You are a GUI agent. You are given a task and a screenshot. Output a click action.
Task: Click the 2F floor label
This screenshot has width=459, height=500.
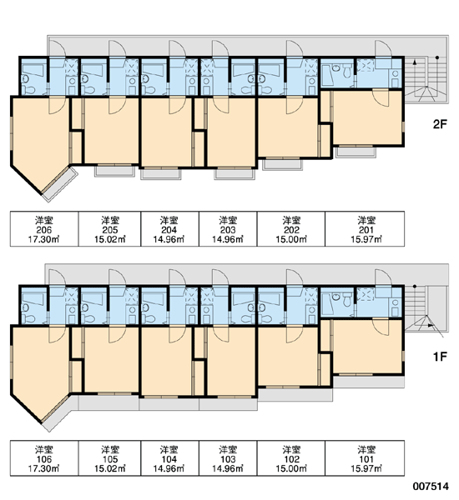(x=440, y=124)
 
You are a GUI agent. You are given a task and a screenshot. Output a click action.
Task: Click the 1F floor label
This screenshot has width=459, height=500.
(x=440, y=357)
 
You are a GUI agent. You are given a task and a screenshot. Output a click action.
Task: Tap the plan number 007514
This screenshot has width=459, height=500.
(x=431, y=487)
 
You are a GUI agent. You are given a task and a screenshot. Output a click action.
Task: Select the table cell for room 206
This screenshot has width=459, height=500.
(x=44, y=228)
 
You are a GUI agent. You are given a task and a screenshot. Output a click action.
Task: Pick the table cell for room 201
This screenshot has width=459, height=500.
(x=365, y=228)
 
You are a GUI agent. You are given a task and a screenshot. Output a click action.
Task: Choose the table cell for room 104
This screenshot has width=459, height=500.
(x=170, y=458)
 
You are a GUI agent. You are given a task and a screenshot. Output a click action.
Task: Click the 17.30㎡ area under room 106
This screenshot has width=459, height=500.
(x=43, y=468)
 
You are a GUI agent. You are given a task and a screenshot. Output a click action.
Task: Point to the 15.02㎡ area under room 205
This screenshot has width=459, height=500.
(x=110, y=239)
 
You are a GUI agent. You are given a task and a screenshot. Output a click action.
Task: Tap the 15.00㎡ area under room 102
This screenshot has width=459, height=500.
(x=291, y=468)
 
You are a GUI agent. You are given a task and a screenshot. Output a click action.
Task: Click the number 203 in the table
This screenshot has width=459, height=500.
(x=228, y=230)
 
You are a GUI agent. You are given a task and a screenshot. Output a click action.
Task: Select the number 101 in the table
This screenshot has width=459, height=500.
(x=366, y=459)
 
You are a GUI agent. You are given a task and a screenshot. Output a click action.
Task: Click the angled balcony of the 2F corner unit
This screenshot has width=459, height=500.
(x=60, y=185)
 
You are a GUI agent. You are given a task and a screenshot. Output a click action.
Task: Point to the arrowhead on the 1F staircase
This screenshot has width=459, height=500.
(x=431, y=326)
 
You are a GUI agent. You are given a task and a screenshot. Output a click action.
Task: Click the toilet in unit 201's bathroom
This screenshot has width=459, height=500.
(x=347, y=72)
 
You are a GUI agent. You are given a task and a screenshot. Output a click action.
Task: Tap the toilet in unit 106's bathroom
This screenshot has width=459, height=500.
(x=30, y=318)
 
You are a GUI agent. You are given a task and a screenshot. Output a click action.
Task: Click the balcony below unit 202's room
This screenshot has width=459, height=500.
(x=282, y=164)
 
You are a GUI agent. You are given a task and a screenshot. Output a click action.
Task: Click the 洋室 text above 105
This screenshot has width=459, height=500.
(x=110, y=450)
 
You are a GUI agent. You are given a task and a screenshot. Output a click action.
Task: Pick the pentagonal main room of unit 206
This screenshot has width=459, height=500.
(x=40, y=143)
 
